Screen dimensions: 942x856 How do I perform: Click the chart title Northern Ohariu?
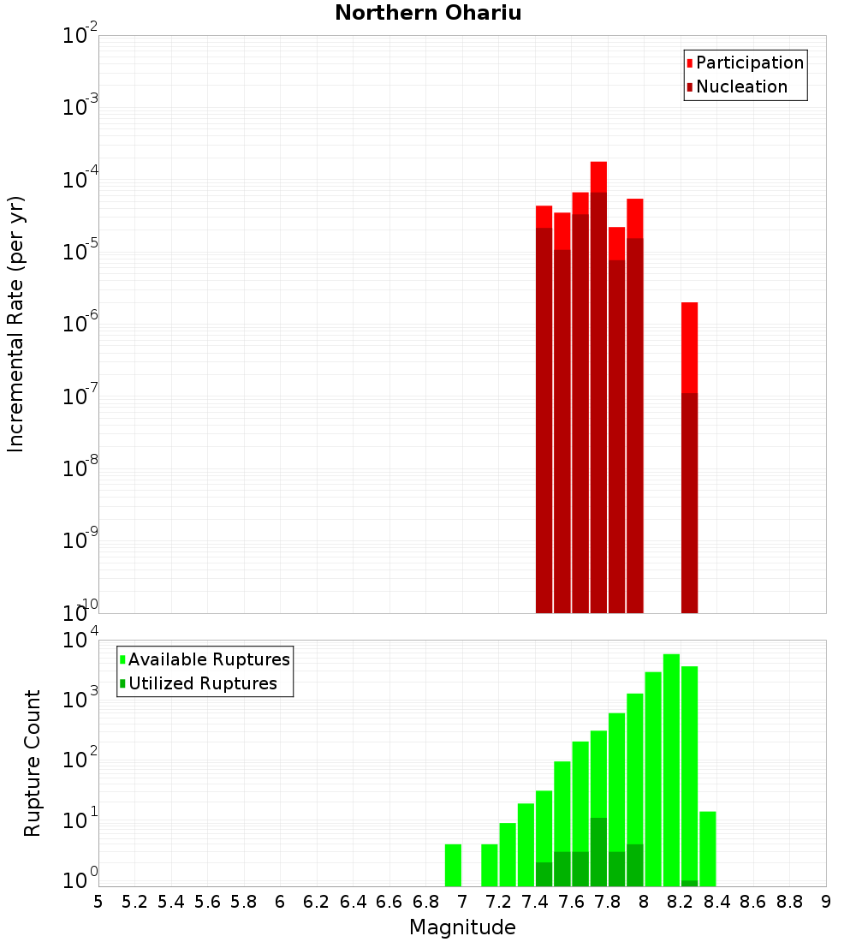428,13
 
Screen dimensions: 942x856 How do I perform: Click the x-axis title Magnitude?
462,927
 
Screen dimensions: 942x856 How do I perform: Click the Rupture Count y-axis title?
33,762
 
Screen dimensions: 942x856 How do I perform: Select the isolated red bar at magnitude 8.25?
689,347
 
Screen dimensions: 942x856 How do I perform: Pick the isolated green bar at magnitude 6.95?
453,865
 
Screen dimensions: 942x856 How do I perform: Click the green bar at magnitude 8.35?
707,848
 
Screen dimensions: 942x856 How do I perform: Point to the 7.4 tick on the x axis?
535,902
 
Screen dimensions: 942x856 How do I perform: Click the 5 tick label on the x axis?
98,902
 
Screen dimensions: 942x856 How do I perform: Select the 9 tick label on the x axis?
826,902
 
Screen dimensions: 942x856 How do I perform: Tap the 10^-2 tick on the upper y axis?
80,36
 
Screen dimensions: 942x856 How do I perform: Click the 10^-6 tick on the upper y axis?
80,325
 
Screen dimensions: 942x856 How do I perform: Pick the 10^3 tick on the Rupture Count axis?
80,699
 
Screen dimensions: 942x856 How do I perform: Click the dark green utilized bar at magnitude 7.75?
598,852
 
